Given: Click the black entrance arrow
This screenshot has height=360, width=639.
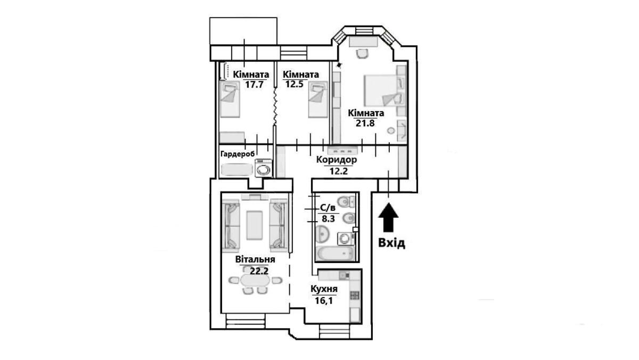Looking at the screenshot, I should click(389, 217).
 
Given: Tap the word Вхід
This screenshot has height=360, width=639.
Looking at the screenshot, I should click(391, 243).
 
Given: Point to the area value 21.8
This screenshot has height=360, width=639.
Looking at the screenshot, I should click(366, 123).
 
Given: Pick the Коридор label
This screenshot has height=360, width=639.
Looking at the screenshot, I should click(336, 160).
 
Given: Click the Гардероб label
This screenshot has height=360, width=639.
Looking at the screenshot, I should click(237, 154).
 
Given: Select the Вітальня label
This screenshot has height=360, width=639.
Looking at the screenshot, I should click(255, 260).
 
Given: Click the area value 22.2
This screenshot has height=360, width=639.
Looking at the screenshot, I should click(258, 270).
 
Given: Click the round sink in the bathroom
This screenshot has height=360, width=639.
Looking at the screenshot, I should click(322, 234).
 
